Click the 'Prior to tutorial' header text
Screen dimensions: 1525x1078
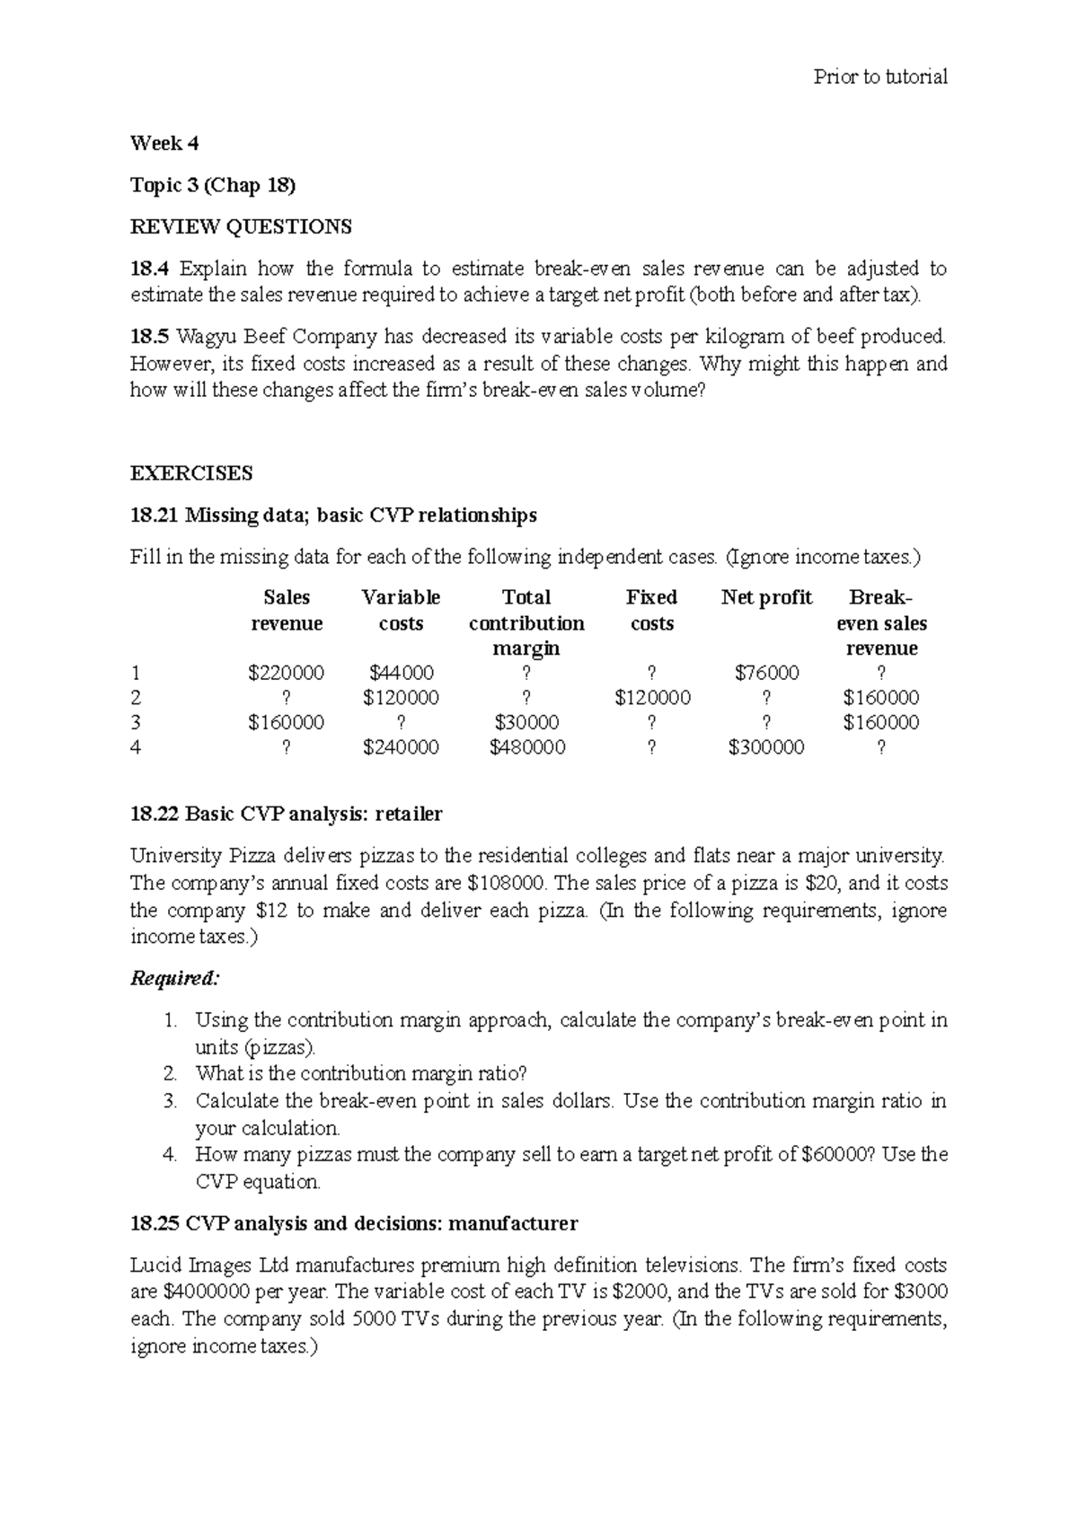[879, 77]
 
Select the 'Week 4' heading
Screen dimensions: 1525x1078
[164, 144]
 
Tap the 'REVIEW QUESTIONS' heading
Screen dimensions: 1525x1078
[241, 227]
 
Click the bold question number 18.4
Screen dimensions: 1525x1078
[149, 269]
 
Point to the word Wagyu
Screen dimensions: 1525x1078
[202, 338]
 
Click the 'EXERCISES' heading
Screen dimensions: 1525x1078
[191, 473]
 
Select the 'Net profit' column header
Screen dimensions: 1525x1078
[766, 598]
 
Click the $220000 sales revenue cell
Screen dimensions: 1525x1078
[286, 673]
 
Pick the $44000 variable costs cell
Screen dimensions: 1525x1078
[401, 673]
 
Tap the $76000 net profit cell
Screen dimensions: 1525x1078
[766, 673]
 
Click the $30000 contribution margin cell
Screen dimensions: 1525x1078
[526, 723]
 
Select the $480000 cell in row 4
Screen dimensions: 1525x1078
[526, 747]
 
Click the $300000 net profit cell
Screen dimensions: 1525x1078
[766, 747]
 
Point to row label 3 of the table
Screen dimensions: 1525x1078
[136, 723]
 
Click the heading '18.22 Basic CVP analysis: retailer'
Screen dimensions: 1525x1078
[286, 815]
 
